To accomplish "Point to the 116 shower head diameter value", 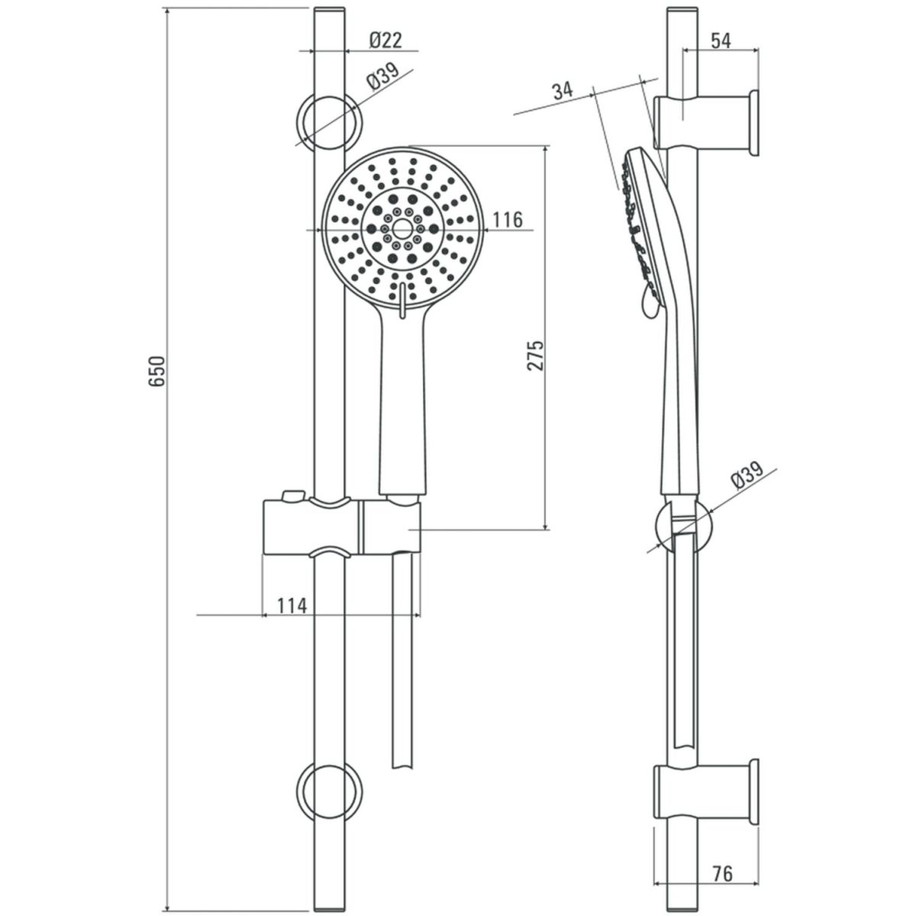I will click(x=507, y=221).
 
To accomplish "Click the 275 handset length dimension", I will click(x=536, y=355).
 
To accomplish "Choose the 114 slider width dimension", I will click(x=291, y=606).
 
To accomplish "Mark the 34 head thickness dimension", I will click(x=563, y=91).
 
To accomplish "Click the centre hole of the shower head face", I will click(x=401, y=227).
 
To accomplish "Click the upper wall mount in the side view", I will click(x=707, y=122).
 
